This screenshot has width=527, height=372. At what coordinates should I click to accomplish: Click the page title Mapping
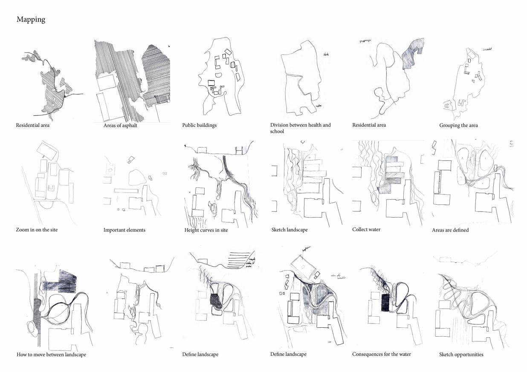[x=31, y=20]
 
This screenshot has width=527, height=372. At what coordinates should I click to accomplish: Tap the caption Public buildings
[x=199, y=126]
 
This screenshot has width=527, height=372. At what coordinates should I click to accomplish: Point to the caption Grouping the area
[x=458, y=126]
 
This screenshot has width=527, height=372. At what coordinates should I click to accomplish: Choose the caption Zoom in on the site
[x=37, y=230]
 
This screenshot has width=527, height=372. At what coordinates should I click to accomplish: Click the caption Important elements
[x=124, y=230]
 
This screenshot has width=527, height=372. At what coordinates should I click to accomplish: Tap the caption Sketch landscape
[x=289, y=230]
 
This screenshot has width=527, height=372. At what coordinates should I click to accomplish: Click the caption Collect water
[x=366, y=229]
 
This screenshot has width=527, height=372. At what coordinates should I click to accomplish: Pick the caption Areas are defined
[x=450, y=230]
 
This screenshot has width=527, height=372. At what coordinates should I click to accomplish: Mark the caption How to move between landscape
[x=51, y=355]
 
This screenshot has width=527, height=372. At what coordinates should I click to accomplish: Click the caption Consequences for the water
[x=382, y=354]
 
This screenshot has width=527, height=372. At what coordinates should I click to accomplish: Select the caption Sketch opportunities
[x=461, y=355]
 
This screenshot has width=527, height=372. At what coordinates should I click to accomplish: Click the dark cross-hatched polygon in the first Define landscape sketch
[x=217, y=300]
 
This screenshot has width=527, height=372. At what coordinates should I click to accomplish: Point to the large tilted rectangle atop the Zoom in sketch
[x=48, y=151]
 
